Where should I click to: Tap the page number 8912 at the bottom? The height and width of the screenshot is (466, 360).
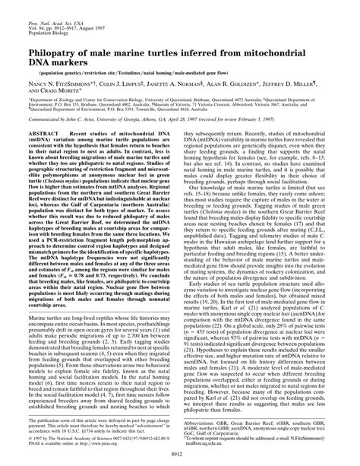179,453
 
